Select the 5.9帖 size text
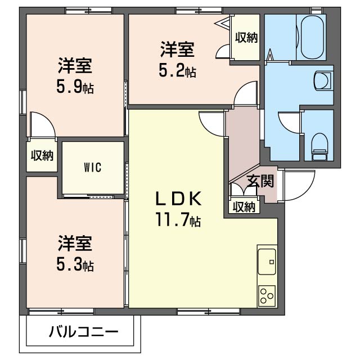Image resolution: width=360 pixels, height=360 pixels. tap(74, 87)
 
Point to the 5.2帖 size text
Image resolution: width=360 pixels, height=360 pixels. tap(177, 71)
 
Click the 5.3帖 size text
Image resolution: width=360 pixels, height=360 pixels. tap(74, 264)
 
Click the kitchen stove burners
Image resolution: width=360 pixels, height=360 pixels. tap(267, 295)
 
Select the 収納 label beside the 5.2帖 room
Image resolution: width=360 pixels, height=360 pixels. tap(246, 38)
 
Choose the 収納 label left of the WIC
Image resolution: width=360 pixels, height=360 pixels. tap(42, 155)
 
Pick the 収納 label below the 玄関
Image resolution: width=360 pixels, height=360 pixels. tap(244, 207)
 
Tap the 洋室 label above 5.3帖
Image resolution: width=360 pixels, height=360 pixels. tap(74, 244)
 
